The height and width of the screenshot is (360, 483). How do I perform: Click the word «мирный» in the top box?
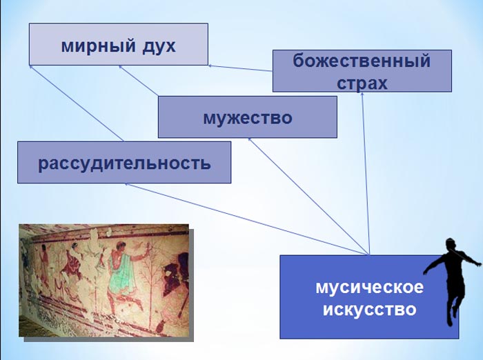coord(99,46)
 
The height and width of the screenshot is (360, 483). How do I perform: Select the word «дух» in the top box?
coord(159,46)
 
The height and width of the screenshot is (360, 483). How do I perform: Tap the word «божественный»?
coord(362,61)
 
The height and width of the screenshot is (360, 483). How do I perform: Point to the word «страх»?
coord(362,83)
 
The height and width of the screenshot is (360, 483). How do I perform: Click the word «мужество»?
coord(248,118)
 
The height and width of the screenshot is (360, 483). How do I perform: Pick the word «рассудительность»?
coord(124,163)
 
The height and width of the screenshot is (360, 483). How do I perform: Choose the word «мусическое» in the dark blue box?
coord(370,288)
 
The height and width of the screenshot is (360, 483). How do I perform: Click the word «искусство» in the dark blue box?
coord(370,310)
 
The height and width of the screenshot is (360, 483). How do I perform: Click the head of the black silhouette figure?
coord(450,245)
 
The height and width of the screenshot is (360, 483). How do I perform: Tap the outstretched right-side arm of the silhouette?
coord(471,259)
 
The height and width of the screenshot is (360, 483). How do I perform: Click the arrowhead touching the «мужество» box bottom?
coord(250,139)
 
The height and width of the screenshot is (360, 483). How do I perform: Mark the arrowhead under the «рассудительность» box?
coord(126,184)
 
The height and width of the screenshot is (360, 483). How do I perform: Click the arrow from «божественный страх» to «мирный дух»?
coord(240,68)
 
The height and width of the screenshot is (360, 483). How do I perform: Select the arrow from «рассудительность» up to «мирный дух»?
coord(77,103)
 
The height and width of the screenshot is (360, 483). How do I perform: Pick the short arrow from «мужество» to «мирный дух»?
coord(139,81)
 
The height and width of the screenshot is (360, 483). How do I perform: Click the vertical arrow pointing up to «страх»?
coord(365,173)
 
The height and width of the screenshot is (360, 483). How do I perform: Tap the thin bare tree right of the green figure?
coord(152,271)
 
